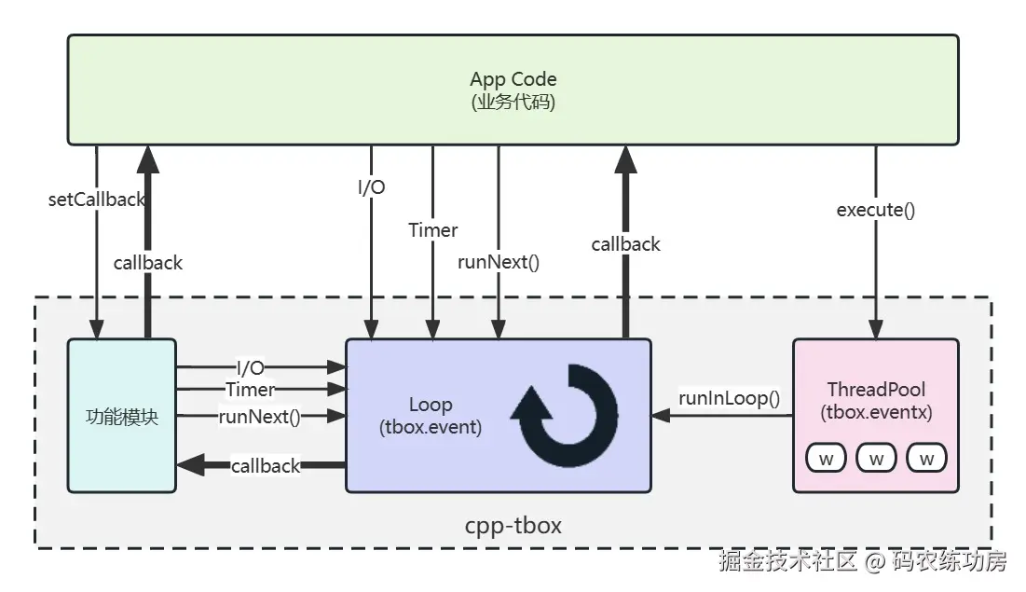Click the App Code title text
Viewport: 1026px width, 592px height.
pyautogui.click(x=513, y=79)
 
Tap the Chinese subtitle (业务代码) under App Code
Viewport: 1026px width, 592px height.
pyautogui.click(x=513, y=103)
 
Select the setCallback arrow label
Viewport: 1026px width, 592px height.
pyautogui.click(x=97, y=200)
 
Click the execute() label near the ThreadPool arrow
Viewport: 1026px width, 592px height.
pyautogui.click(x=875, y=210)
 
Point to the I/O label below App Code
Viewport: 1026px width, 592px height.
pyautogui.click(x=371, y=187)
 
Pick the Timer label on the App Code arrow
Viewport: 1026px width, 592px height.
pyautogui.click(x=433, y=229)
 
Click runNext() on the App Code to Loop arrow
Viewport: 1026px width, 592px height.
pyautogui.click(x=499, y=262)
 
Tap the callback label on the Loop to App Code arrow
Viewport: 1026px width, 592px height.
pyautogui.click(x=625, y=244)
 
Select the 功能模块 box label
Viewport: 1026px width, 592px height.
pyautogui.click(x=121, y=416)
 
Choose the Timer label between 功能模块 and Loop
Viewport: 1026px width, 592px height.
pyautogui.click(x=250, y=390)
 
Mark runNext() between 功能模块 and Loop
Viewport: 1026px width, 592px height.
pyautogui.click(x=259, y=417)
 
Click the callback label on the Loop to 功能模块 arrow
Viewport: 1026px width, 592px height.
pyautogui.click(x=266, y=465)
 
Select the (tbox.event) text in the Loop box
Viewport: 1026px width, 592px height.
pyautogui.click(x=430, y=428)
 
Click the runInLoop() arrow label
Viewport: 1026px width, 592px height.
pyautogui.click(x=729, y=399)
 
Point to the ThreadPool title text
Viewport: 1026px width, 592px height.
pyautogui.click(x=875, y=389)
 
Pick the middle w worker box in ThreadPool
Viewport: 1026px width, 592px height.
pyautogui.click(x=875, y=458)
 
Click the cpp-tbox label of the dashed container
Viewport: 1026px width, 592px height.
pyautogui.click(x=513, y=525)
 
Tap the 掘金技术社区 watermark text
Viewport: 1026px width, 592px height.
pyautogui.click(x=787, y=561)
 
